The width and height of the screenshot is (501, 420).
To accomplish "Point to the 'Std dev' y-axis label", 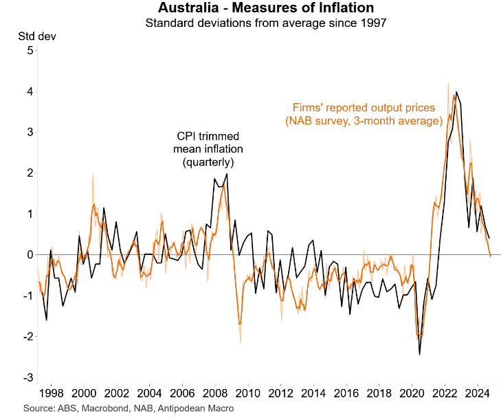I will click(x=31, y=36).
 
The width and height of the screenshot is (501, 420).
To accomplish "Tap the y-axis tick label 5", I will click(x=30, y=50).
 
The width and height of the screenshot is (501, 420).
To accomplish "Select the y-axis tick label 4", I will click(x=30, y=91).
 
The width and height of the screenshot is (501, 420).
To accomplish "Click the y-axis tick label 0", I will click(x=30, y=255).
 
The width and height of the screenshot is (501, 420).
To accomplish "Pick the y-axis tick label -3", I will click(x=27, y=378).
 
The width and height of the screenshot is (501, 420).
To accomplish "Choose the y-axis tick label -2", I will click(x=27, y=337).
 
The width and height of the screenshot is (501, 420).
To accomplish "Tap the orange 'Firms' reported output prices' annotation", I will click(x=363, y=114).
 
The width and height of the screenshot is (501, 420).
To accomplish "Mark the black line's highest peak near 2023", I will click(x=456, y=92).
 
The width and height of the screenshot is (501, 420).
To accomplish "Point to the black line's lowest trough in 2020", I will click(x=419, y=354).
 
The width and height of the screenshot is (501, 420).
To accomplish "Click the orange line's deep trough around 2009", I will click(x=239, y=324).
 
